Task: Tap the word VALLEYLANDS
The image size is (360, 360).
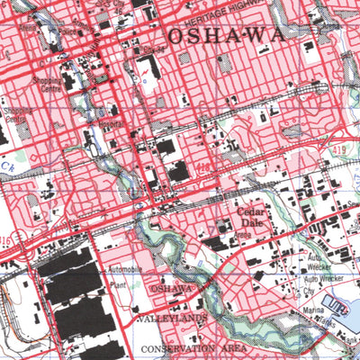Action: click(x=172, y=318)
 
